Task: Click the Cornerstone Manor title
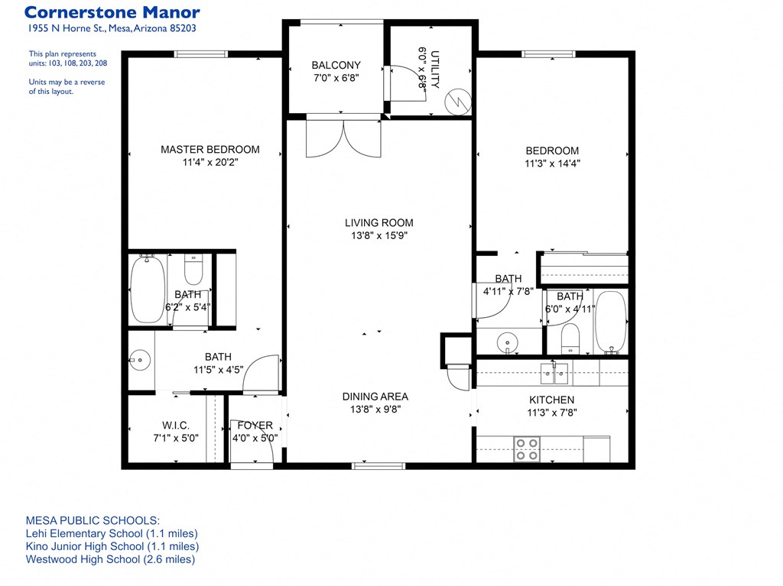click(x=112, y=12)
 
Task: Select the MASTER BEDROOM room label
click(x=210, y=150)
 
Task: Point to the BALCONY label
click(x=336, y=66)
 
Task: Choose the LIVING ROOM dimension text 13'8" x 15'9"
click(x=379, y=236)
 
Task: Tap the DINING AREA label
click(x=375, y=397)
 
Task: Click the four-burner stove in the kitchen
click(x=526, y=448)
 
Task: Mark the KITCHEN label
click(x=551, y=400)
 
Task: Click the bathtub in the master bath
click(x=147, y=291)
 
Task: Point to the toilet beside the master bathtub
click(x=193, y=270)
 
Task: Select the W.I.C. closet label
click(x=175, y=425)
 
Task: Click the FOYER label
click(x=255, y=426)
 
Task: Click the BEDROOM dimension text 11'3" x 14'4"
click(x=551, y=163)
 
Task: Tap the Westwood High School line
click(x=110, y=559)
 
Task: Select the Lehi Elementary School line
click(x=112, y=533)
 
